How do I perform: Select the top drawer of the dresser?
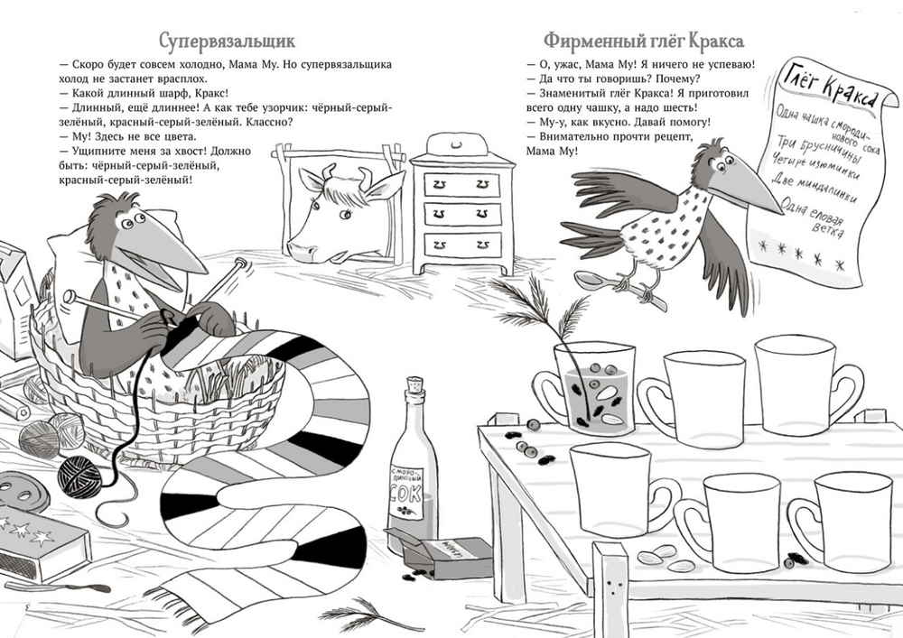point(461,184)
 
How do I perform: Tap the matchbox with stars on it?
point(41,541)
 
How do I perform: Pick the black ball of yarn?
point(79,475)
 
